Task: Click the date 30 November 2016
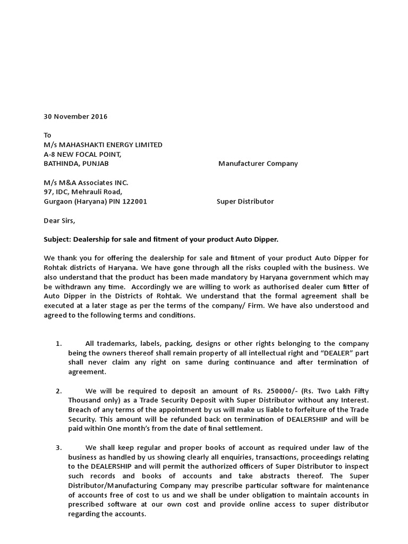(x=75, y=116)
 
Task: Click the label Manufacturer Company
(x=258, y=164)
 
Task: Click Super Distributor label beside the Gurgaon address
(x=245, y=202)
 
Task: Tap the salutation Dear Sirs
(x=59, y=220)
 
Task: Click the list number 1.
(x=59, y=344)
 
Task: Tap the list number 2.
(x=59, y=391)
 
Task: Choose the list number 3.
(x=59, y=448)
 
